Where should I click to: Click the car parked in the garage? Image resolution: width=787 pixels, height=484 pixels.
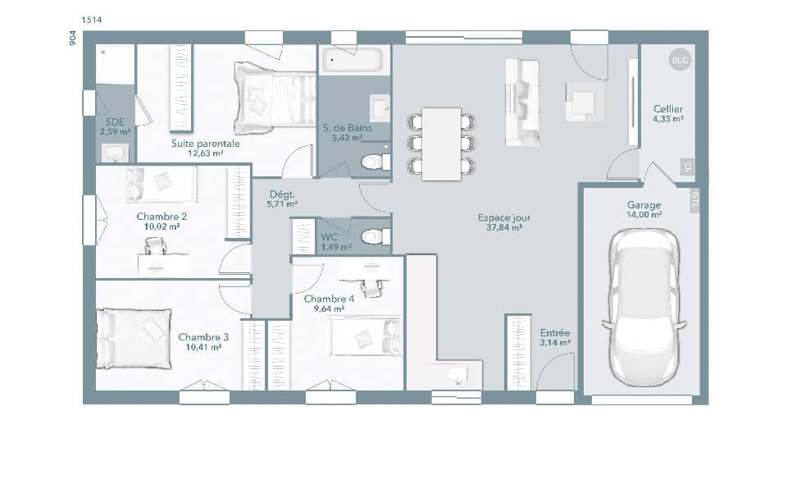[x=644, y=308]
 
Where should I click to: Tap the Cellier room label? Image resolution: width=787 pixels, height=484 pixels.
[x=668, y=109]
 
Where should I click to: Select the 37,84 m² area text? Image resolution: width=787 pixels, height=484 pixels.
[x=504, y=228]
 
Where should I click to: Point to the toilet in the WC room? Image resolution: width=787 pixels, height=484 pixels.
[x=374, y=237]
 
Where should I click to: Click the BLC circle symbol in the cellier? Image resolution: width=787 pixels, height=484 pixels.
[x=680, y=60]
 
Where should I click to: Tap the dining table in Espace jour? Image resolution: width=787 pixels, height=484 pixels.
[x=441, y=144]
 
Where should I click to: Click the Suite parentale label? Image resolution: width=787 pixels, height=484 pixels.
[x=206, y=143]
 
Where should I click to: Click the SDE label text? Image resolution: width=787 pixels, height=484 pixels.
[x=115, y=121]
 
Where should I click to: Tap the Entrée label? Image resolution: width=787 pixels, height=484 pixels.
[x=555, y=332]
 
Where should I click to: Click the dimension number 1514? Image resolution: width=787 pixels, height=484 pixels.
[x=92, y=19]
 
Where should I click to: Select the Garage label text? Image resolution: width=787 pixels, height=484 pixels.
[x=644, y=205]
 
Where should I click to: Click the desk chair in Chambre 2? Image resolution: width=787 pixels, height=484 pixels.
[x=156, y=245]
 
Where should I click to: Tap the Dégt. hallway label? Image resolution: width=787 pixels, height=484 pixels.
[x=283, y=194]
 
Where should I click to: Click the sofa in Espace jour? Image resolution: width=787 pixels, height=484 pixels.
[x=522, y=103]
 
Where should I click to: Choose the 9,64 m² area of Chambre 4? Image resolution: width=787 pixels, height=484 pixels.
[x=329, y=309]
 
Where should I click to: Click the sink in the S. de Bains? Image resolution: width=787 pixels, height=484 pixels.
[x=380, y=107]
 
